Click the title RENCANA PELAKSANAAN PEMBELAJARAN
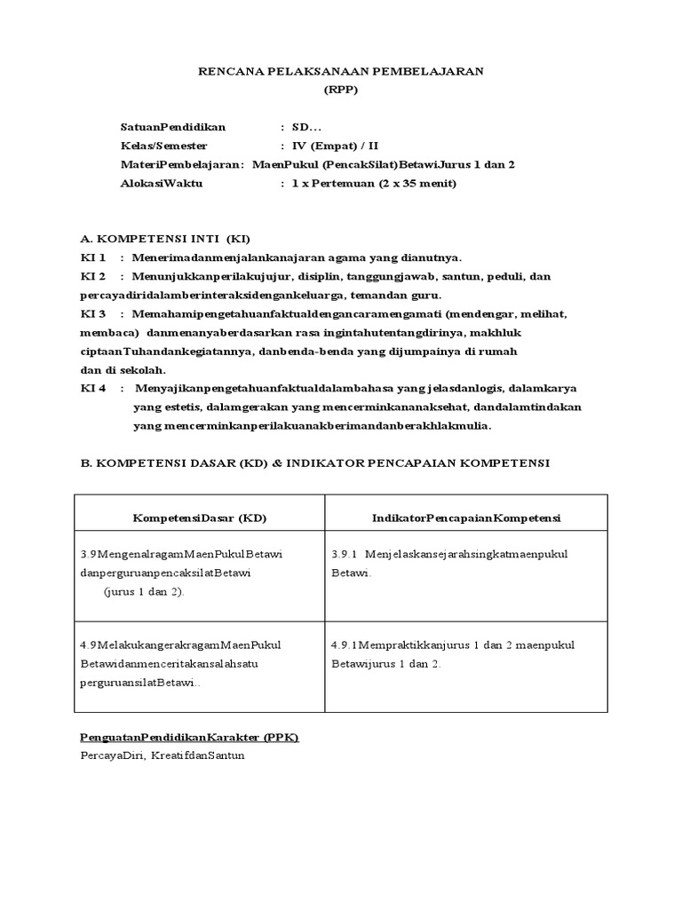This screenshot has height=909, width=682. click(x=340, y=72)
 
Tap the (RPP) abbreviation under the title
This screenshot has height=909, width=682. click(x=340, y=90)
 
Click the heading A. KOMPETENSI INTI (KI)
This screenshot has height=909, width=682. click(x=165, y=239)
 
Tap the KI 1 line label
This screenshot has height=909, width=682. click(x=93, y=257)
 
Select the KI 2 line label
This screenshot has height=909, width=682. click(x=93, y=276)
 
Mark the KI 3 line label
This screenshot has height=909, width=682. click(x=93, y=313)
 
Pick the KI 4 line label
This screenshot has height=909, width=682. click(x=93, y=388)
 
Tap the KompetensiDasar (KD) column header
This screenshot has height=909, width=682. click(x=200, y=518)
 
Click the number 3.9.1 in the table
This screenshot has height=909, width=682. click(x=345, y=554)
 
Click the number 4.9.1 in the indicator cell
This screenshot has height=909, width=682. click(x=345, y=644)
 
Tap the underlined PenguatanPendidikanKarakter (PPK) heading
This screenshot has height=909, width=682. click(x=189, y=738)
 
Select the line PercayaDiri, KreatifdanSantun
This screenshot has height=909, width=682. click(x=162, y=755)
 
